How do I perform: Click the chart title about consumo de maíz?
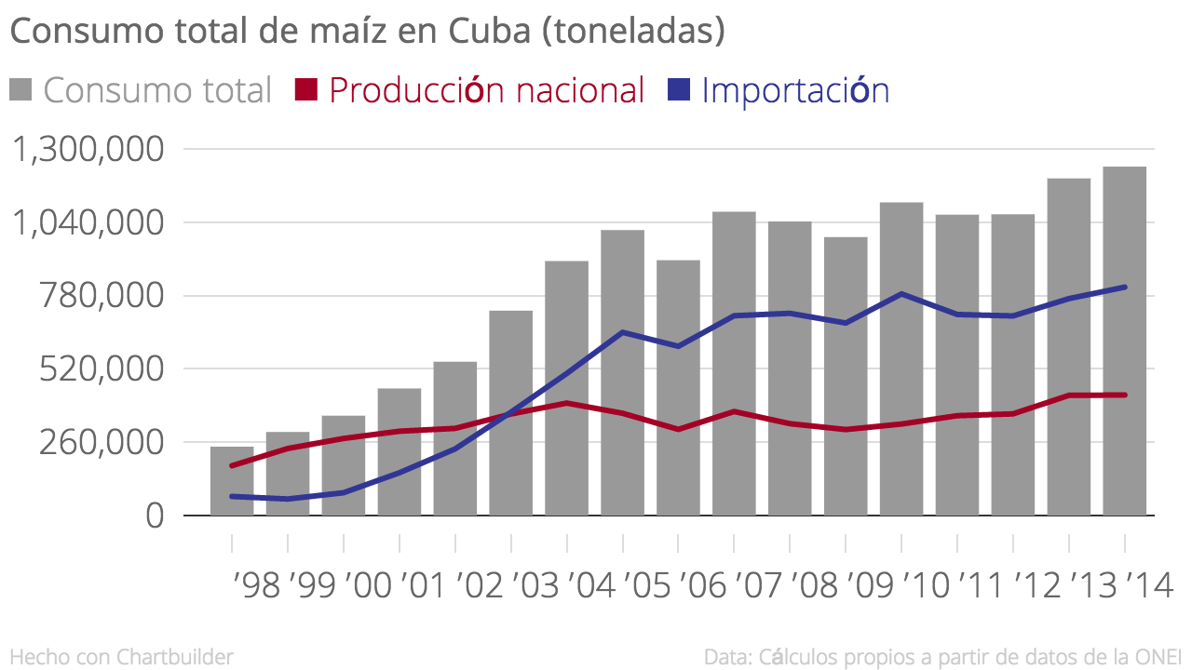(367, 32)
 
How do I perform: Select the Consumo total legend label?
(156, 90)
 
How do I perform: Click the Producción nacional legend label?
(486, 90)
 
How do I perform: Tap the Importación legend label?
(795, 90)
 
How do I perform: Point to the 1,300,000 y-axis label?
(89, 149)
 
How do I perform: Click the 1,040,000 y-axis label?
(89, 222)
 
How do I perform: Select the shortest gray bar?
(232, 481)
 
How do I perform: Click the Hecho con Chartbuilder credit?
(121, 656)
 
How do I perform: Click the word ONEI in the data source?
(1158, 656)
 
